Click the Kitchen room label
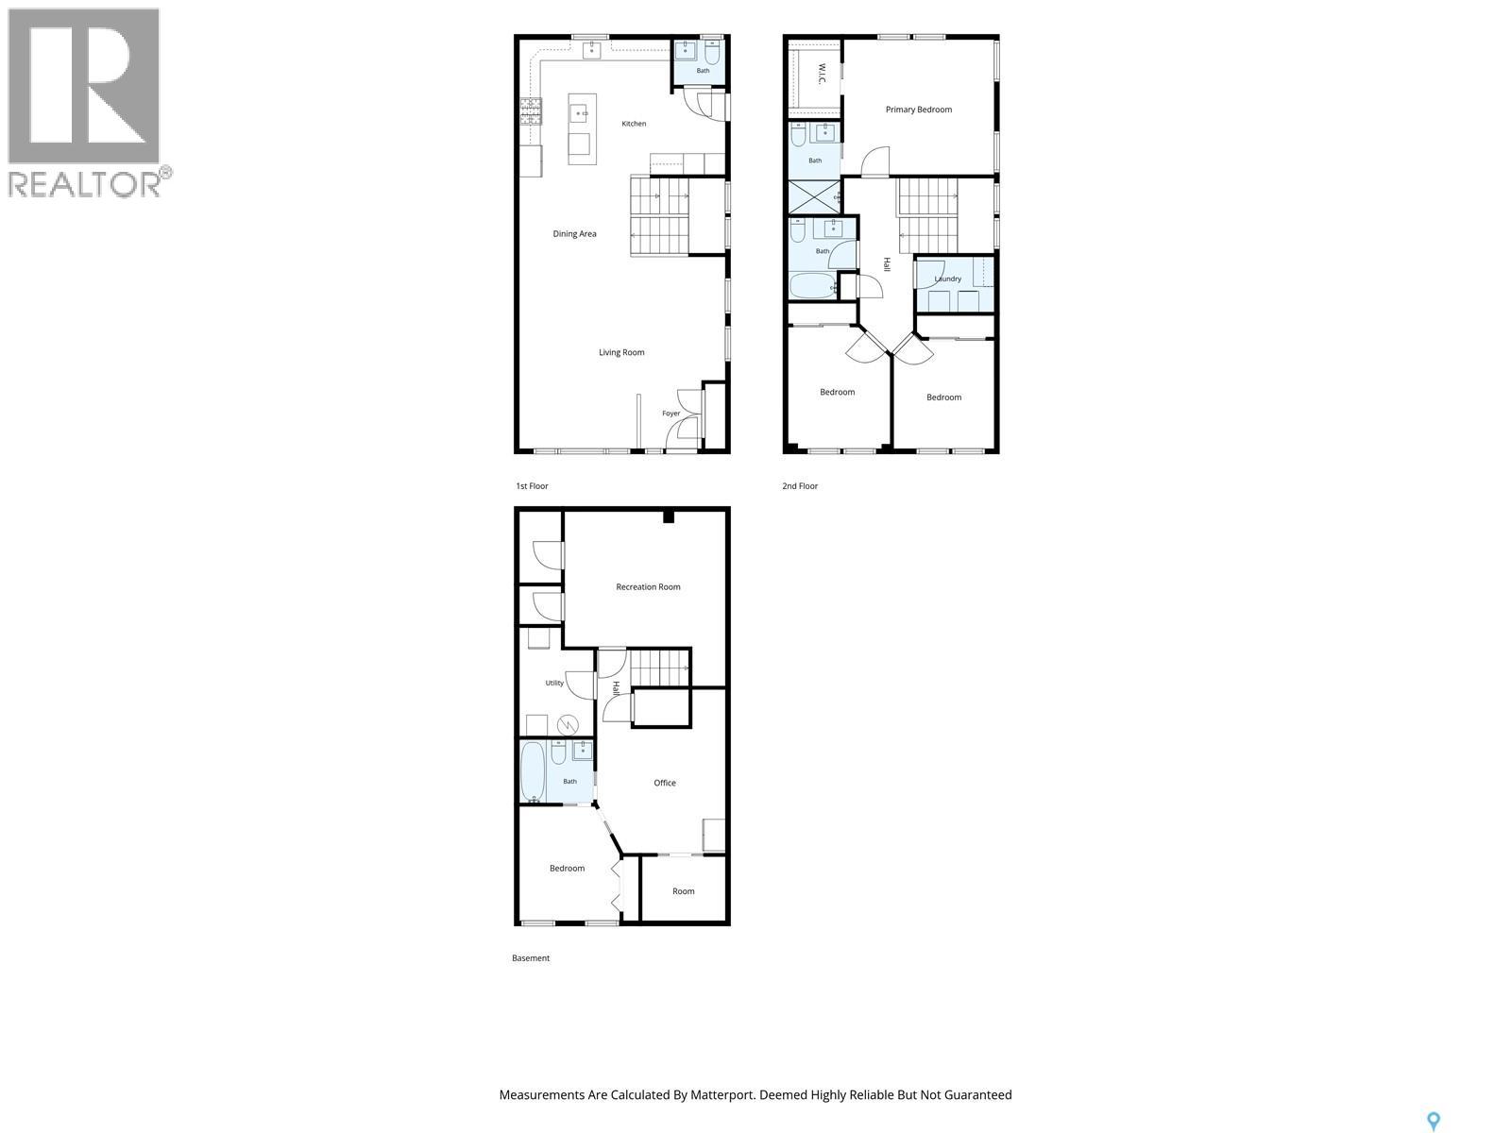[x=634, y=124]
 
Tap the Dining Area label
[x=574, y=234]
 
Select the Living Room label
[x=620, y=352]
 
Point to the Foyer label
[x=671, y=414]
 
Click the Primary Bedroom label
[x=918, y=110]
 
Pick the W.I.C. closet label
[x=822, y=75]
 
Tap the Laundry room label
[x=947, y=279]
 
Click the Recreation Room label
[x=648, y=586]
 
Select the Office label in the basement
[x=664, y=783]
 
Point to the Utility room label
[x=554, y=683]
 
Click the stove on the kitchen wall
[x=531, y=111]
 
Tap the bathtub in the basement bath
[x=532, y=771]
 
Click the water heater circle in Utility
[x=568, y=724]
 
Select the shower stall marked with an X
[x=814, y=196]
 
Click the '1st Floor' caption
[x=532, y=486]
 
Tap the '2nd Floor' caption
[x=800, y=486]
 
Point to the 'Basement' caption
[x=531, y=958]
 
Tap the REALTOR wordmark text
[x=85, y=184]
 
